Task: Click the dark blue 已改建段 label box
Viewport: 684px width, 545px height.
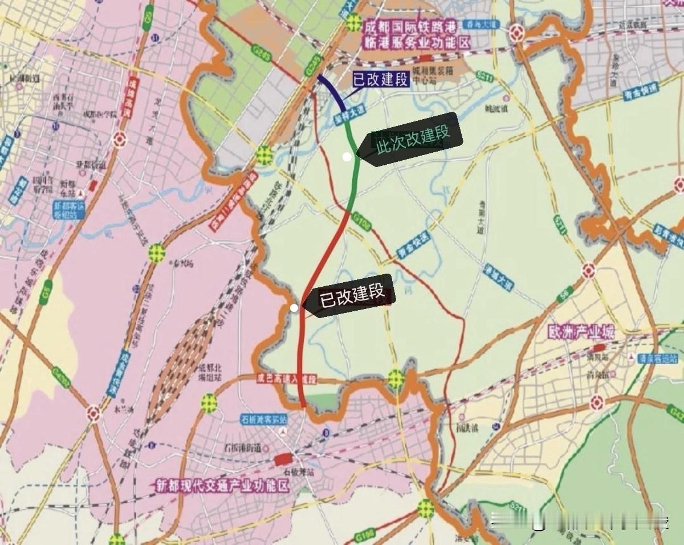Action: coord(380,79)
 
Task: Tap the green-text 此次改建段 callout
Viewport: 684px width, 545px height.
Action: coord(413,139)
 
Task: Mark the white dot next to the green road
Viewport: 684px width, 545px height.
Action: coord(347,157)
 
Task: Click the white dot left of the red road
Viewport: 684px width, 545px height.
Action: coord(294,308)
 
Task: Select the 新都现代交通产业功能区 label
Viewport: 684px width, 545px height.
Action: coord(222,486)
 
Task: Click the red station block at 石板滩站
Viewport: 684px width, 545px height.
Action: coord(283,459)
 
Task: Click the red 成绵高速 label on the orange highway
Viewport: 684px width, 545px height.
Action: coord(132,94)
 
